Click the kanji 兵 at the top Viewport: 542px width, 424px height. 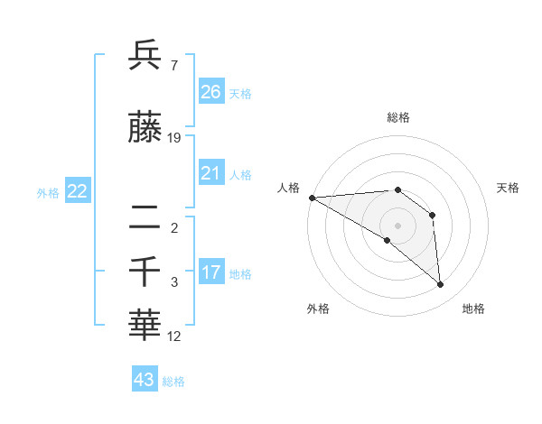tap(146, 56)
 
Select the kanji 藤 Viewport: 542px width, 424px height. tap(146, 130)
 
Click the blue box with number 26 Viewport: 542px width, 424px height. tap(211, 92)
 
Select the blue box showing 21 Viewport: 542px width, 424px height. tap(211, 173)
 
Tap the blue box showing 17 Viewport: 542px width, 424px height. tap(211, 272)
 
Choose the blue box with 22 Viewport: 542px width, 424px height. tap(78, 191)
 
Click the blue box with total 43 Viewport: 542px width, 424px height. tap(145, 380)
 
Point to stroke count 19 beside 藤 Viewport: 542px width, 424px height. tap(174, 138)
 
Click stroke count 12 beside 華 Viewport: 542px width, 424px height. tap(174, 336)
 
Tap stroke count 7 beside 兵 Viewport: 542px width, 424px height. tap(173, 65)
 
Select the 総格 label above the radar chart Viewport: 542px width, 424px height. tap(397, 117)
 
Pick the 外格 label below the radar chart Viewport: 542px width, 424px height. tap(318, 309)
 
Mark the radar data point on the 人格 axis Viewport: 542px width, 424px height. tap(312, 198)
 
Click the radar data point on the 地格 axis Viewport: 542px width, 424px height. tap(441, 285)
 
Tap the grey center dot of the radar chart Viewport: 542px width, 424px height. tap(397, 224)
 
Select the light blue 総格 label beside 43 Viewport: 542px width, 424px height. tap(173, 382)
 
